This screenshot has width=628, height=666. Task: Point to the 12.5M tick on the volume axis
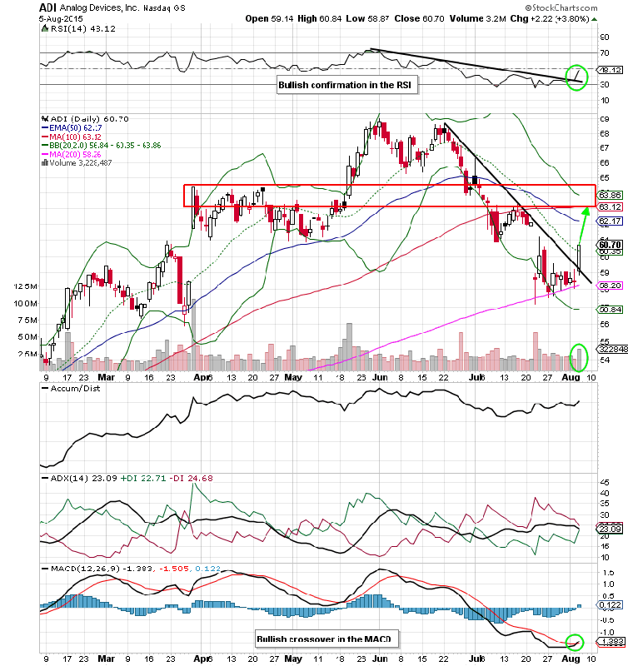coord(26,286)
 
